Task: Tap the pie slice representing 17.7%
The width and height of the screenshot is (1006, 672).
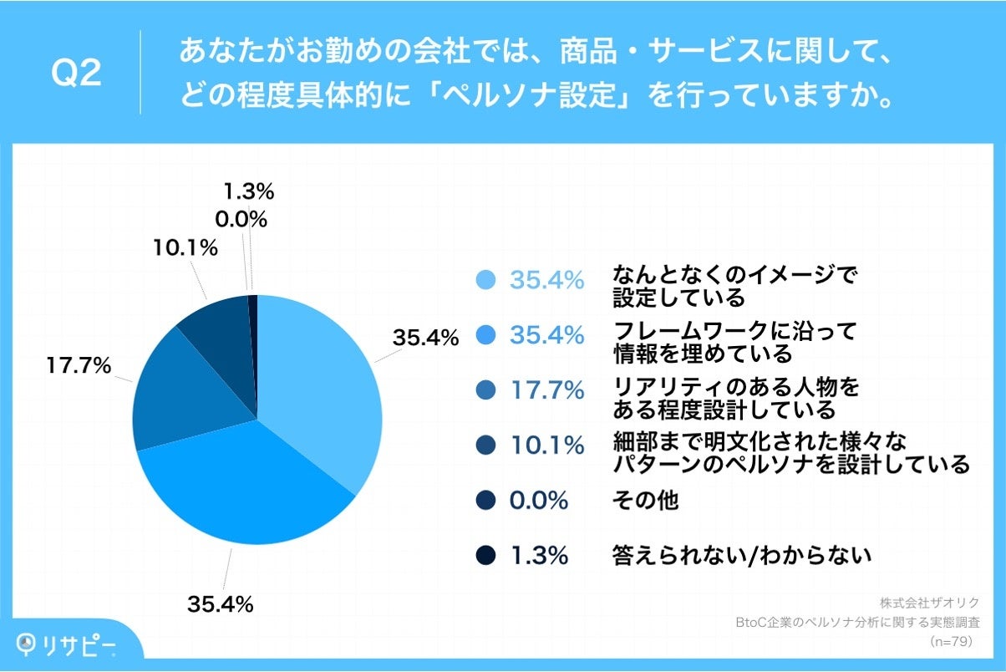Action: tap(184, 401)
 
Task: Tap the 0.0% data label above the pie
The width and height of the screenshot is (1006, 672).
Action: tap(242, 220)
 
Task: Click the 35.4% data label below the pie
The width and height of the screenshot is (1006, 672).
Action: tap(221, 603)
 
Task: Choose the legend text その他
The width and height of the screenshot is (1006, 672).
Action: tap(645, 501)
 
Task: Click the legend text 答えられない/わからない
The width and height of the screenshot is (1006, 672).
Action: tap(742, 555)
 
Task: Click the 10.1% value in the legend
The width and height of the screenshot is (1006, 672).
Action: tap(546, 445)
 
